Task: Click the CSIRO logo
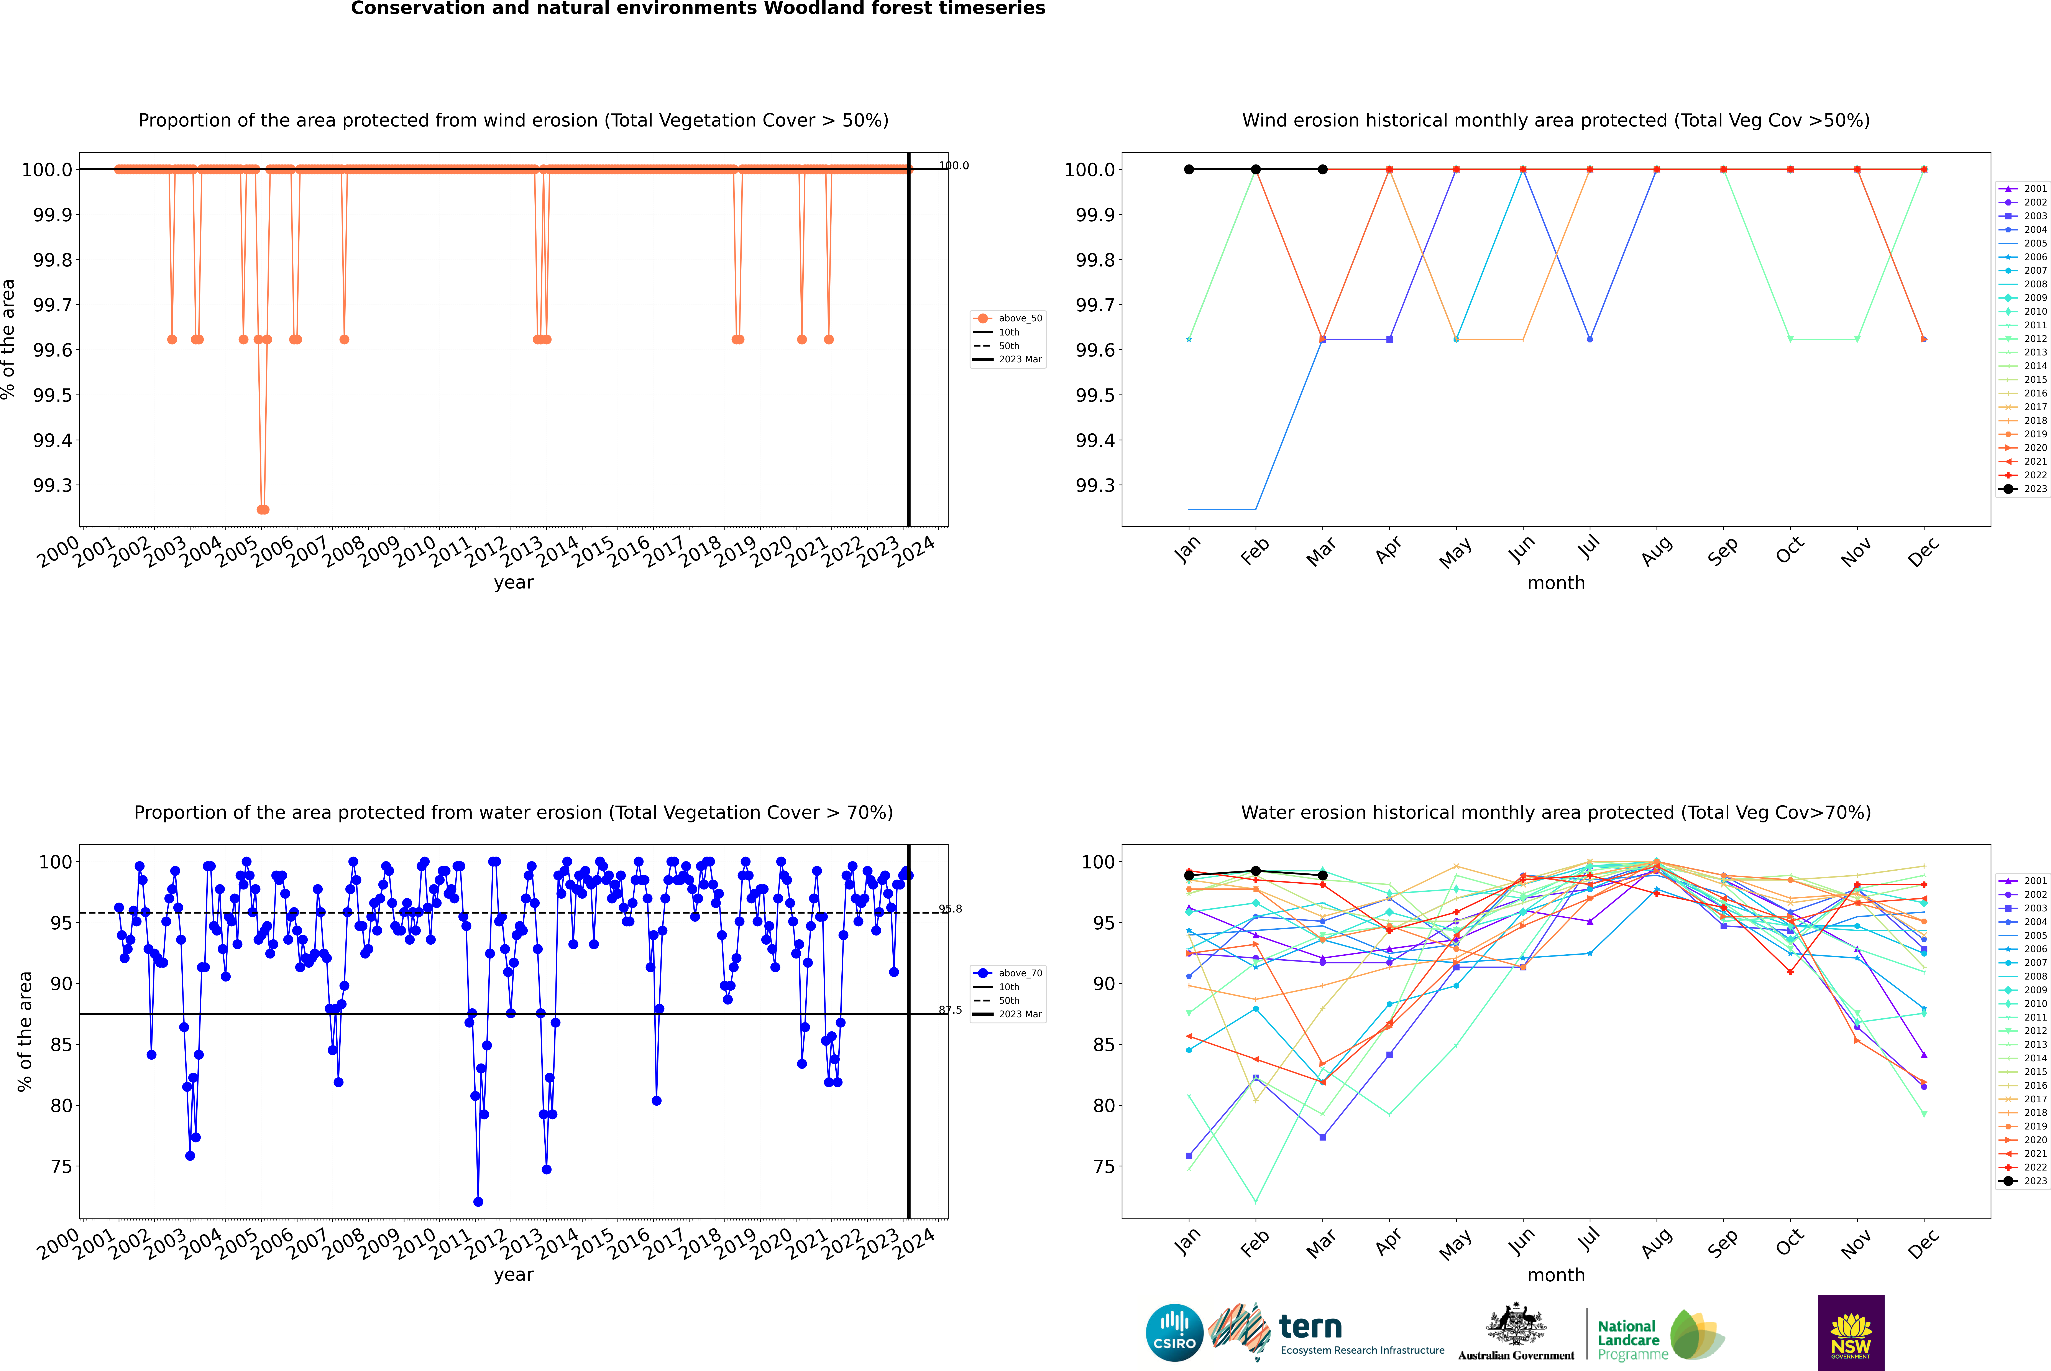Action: (x=1174, y=1333)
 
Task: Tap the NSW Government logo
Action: (x=1851, y=1333)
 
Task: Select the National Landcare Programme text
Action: (x=1628, y=1340)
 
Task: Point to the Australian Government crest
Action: (x=1515, y=1325)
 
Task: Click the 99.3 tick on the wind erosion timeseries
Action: (x=53, y=485)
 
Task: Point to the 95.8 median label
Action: (x=950, y=909)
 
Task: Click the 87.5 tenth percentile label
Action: (x=950, y=1010)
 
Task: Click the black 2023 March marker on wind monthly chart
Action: (x=1323, y=170)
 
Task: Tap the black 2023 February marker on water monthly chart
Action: (x=1255, y=871)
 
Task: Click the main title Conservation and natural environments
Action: (x=698, y=9)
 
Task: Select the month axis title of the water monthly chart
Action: (x=1555, y=1275)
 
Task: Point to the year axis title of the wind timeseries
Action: (x=513, y=582)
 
